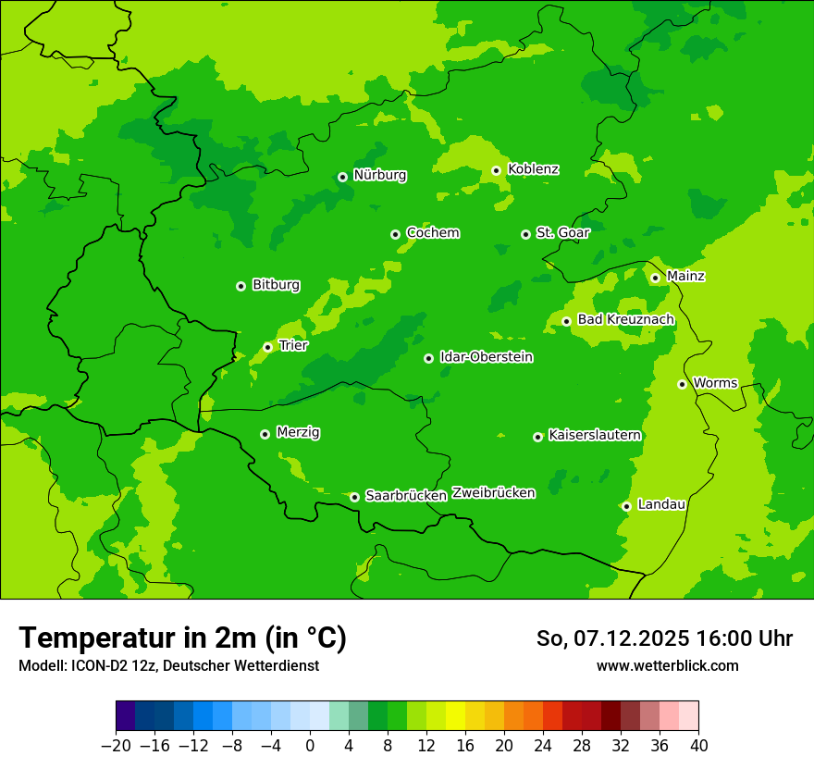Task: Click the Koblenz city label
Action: [x=533, y=169]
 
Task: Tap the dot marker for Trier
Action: [x=267, y=347]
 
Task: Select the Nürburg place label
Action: [x=379, y=175]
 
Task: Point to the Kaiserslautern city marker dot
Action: [x=537, y=437]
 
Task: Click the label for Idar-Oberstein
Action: [x=486, y=357]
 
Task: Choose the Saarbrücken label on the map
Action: [x=406, y=496]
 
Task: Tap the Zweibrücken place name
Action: [x=493, y=493]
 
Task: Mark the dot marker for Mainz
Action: [x=655, y=278]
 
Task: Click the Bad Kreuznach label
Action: [x=625, y=320]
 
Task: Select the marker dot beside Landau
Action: [x=626, y=506]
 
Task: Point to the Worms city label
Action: [x=715, y=383]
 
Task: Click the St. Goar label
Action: [x=562, y=233]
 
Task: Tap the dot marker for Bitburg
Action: [x=240, y=286]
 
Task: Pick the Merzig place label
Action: [x=299, y=433]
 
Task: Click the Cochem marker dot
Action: [x=395, y=234]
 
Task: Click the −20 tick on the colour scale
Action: [x=116, y=746]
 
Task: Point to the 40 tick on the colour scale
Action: [x=698, y=746]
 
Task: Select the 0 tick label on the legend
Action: [x=310, y=746]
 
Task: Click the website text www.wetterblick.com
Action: [x=667, y=666]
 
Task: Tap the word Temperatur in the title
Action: [x=98, y=638]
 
